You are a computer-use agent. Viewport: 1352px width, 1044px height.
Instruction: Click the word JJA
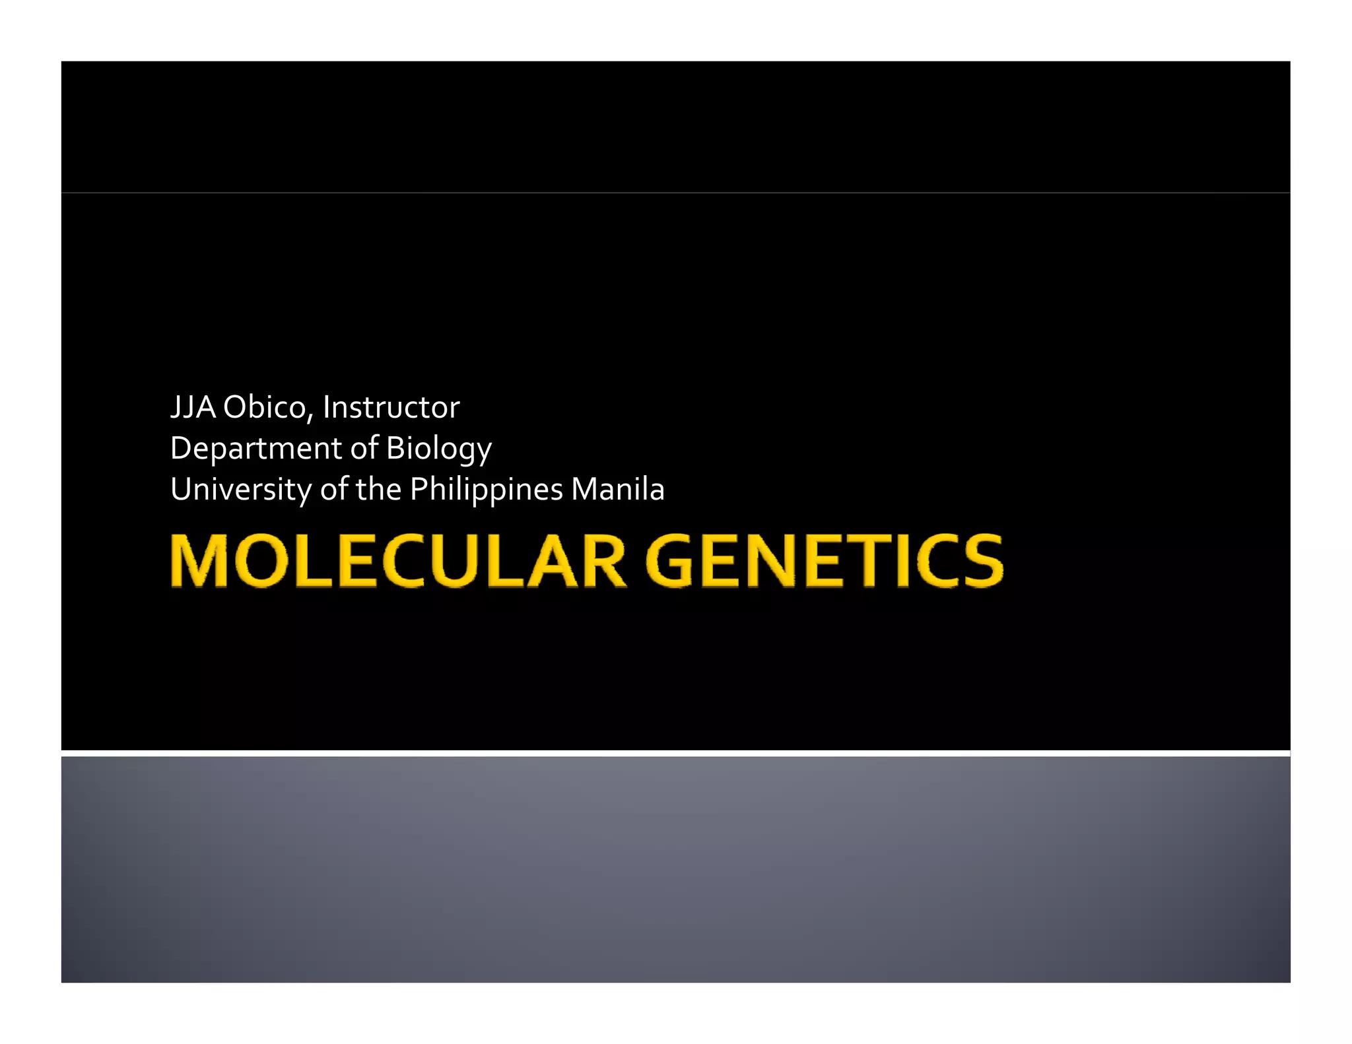point(193,407)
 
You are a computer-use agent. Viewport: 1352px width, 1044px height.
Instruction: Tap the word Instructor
point(391,407)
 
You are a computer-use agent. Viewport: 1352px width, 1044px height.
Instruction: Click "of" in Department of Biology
point(364,447)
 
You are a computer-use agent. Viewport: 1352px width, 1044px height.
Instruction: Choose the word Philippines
point(486,490)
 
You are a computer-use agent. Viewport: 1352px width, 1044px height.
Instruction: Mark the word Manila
point(617,489)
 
